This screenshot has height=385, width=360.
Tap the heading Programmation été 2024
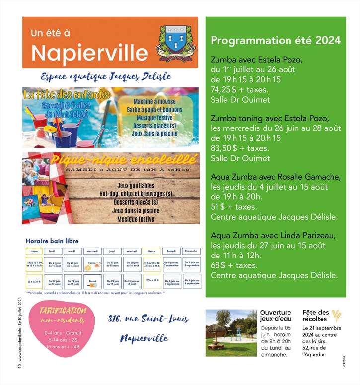[x=276, y=40]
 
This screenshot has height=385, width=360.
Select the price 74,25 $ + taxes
[x=239, y=90]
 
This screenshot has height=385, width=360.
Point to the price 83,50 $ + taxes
[x=239, y=148]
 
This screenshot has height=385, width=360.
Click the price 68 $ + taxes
[x=235, y=265]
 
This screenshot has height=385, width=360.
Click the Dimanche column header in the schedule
[x=191, y=251]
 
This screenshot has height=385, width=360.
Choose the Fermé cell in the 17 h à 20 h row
[x=92, y=282]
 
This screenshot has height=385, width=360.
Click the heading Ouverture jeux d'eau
[x=276, y=316]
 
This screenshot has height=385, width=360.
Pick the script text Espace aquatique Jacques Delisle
[x=106, y=77]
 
